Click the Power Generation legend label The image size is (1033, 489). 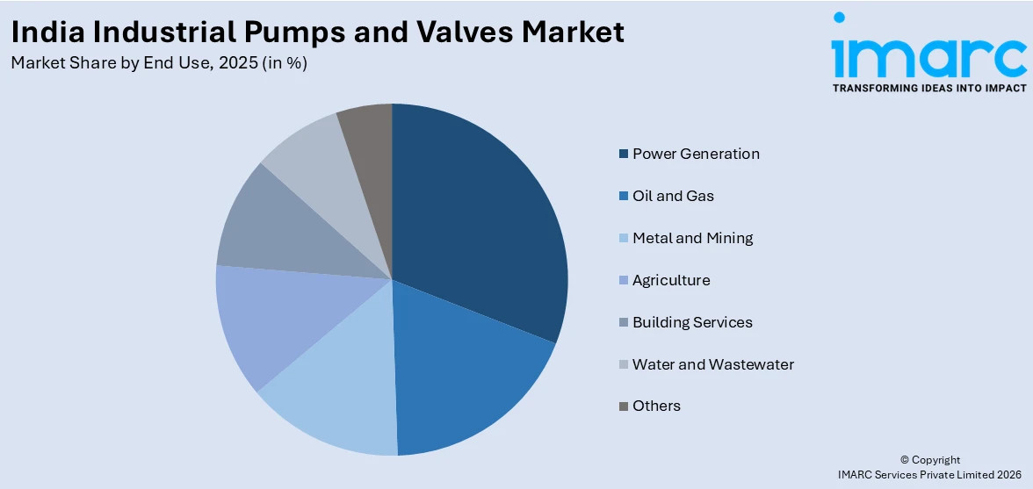pyautogui.click(x=696, y=154)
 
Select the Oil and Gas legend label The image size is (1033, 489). pyautogui.click(x=673, y=196)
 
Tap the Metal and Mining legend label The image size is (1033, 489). pyautogui.click(x=692, y=238)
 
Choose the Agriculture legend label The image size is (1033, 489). pyautogui.click(x=671, y=280)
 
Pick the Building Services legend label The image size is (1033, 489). pyautogui.click(x=692, y=322)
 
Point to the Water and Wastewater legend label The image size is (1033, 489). pyautogui.click(x=713, y=364)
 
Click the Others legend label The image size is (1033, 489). pyautogui.click(x=656, y=406)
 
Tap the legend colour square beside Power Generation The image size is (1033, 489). pyautogui.click(x=624, y=155)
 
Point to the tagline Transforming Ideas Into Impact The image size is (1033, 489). pyautogui.click(x=928, y=88)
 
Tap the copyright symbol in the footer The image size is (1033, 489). pyautogui.click(x=904, y=460)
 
